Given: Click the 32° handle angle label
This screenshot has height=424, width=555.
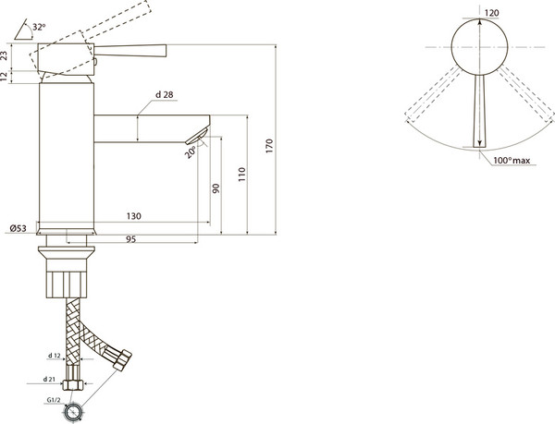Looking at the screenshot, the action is click(x=39, y=27).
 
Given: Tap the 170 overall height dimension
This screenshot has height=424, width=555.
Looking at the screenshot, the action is click(x=270, y=146).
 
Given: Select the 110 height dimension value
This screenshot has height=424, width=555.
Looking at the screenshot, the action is click(x=241, y=175).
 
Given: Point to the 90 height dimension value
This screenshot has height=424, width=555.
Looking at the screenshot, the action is click(x=216, y=188).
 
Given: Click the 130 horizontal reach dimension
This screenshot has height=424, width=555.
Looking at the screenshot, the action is click(x=134, y=216).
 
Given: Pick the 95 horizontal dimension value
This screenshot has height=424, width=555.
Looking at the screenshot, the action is click(x=131, y=239).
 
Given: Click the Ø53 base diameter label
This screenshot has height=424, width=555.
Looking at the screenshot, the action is click(x=18, y=228).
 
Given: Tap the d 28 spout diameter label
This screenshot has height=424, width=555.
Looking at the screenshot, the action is click(x=165, y=95).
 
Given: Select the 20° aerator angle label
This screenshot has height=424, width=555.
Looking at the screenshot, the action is click(x=190, y=152).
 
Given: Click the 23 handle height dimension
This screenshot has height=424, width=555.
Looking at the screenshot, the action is click(x=5, y=55).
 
